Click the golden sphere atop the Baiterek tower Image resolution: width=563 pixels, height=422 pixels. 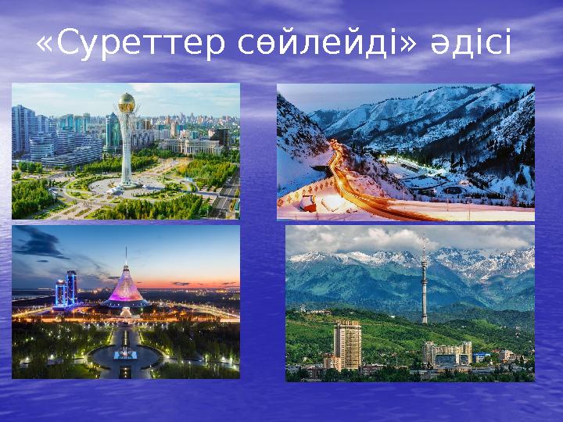coord(127,102)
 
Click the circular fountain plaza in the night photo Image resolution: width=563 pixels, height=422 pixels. coord(125,356)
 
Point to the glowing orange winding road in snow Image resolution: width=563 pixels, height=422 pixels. coord(344,176)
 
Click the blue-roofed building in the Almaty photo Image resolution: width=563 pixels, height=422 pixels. coord(479,356)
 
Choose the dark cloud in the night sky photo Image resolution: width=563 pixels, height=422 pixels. coord(39,242)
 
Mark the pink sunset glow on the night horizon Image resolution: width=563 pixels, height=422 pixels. coord(195,283)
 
